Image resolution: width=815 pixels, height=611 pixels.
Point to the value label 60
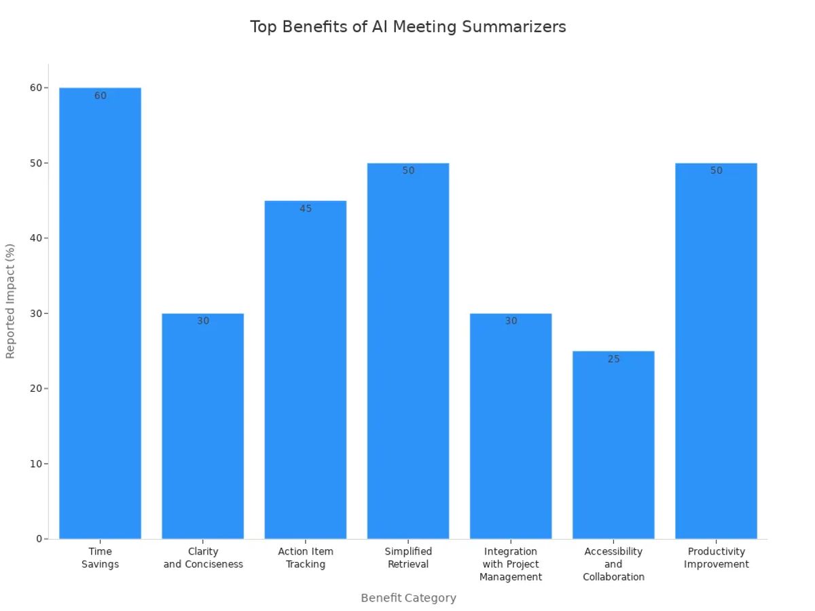[x=101, y=96]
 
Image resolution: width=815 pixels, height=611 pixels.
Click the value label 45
[x=306, y=208]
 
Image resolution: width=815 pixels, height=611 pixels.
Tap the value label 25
[x=613, y=359]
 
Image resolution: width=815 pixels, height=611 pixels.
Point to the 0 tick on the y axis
[x=40, y=539]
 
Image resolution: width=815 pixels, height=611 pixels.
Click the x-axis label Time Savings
[x=100, y=558]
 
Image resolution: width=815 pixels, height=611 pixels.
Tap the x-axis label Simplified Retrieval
[x=408, y=558]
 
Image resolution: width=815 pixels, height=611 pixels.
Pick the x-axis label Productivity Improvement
[x=716, y=558]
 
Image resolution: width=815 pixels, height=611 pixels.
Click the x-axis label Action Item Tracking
[x=306, y=558]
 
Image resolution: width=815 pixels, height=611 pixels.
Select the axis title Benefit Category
[x=408, y=598]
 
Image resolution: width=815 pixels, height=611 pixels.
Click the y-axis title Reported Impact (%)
[x=10, y=301]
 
